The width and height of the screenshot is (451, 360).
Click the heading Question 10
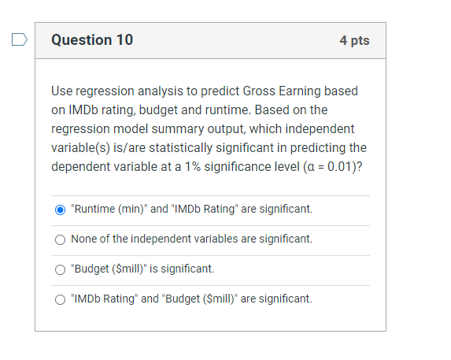click(92, 40)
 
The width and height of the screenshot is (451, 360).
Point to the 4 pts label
click(354, 40)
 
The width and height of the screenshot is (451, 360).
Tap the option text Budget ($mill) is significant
click(142, 269)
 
